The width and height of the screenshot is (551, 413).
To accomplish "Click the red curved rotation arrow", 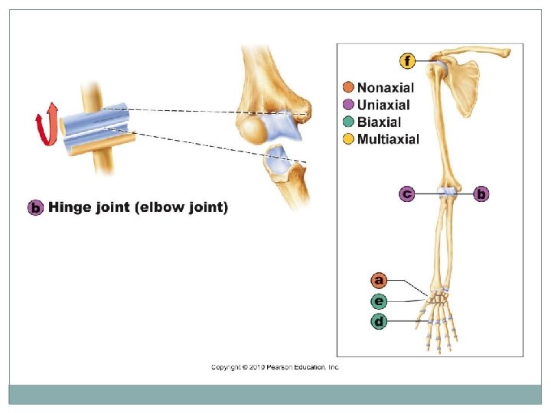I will click(47, 125).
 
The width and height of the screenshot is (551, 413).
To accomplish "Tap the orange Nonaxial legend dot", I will click(349, 88).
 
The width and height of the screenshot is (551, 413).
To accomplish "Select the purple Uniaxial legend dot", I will click(349, 105).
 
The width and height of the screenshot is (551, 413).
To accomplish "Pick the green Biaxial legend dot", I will click(349, 122).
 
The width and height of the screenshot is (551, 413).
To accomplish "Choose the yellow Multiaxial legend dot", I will click(349, 138).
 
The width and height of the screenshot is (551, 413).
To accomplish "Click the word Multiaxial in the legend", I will click(388, 138).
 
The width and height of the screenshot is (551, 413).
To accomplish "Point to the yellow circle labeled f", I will click(409, 60).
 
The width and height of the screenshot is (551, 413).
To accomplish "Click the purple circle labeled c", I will click(409, 194).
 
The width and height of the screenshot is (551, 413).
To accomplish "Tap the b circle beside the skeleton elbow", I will click(481, 194).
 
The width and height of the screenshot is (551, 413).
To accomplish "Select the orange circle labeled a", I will click(380, 281).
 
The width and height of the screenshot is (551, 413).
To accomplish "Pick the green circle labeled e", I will click(380, 301).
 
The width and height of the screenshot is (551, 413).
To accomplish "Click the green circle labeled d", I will click(380, 321).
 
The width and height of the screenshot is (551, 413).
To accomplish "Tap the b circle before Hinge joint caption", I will click(34, 207).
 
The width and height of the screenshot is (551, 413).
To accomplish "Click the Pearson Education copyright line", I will click(275, 367).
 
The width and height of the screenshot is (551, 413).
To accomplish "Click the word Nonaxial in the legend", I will click(386, 88).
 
